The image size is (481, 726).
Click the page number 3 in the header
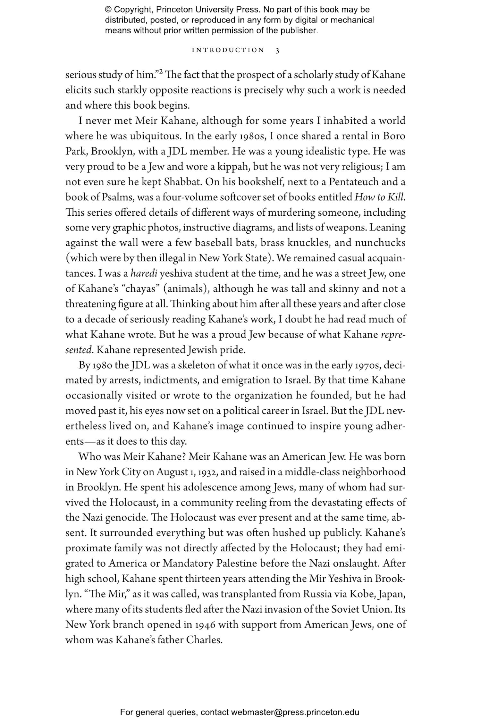pyautogui.click(x=277, y=51)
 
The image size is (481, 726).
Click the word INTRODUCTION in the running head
pyautogui.click(x=228, y=50)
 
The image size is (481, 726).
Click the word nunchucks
pyautogui.click(x=380, y=243)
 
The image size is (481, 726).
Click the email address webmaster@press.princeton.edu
pyautogui.click(x=295, y=712)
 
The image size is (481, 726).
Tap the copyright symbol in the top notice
pyautogui.click(x=108, y=10)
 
